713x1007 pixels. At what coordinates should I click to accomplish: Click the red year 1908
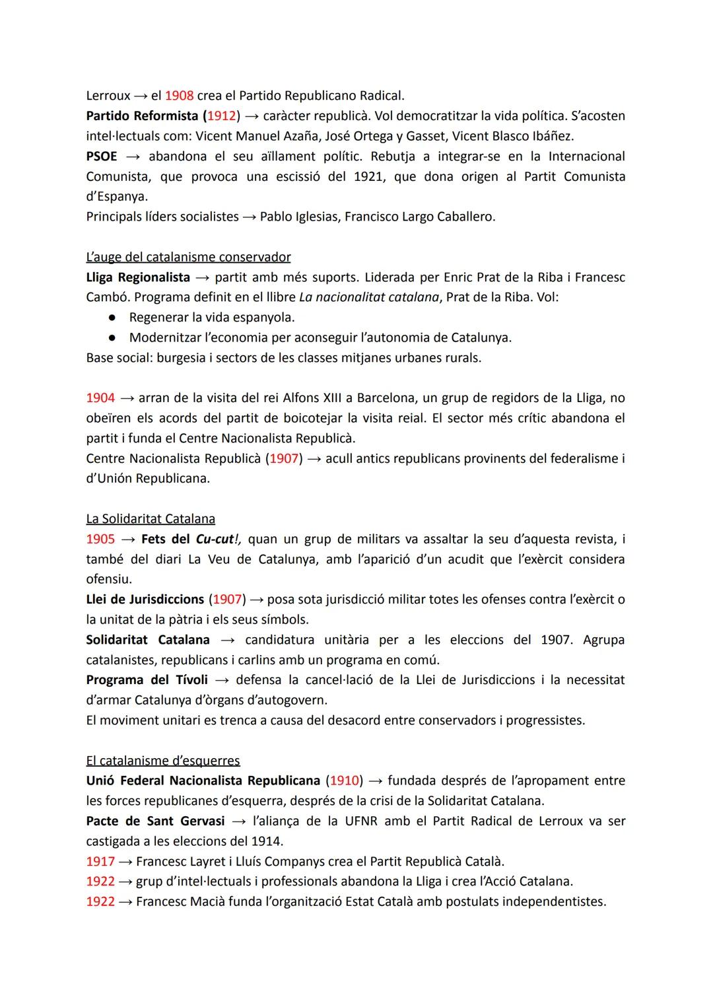pos(179,95)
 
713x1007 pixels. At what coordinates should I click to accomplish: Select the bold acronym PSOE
pos(102,156)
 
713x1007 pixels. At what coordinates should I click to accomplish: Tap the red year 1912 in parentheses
pos(221,116)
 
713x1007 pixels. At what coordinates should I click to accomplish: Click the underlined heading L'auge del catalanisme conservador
pos(188,257)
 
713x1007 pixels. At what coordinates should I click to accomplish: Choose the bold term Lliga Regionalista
pos(138,277)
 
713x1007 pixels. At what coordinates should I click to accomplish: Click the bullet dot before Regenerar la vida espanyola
pos(113,318)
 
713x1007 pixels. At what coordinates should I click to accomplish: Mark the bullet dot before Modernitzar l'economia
pos(113,337)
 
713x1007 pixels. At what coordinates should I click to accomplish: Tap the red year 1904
pos(100,398)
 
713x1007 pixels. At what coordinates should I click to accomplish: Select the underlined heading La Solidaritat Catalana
pos(151,519)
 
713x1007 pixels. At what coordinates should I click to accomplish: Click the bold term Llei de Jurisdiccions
pos(145,600)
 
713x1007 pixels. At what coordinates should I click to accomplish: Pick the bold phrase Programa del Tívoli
pos(147,680)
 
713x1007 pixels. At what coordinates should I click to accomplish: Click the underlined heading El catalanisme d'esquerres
pos(163,761)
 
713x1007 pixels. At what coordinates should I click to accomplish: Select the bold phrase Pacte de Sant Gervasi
pos(155,821)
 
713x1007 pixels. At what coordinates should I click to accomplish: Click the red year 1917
pos(100,862)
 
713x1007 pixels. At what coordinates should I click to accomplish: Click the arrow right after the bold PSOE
pos(133,156)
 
